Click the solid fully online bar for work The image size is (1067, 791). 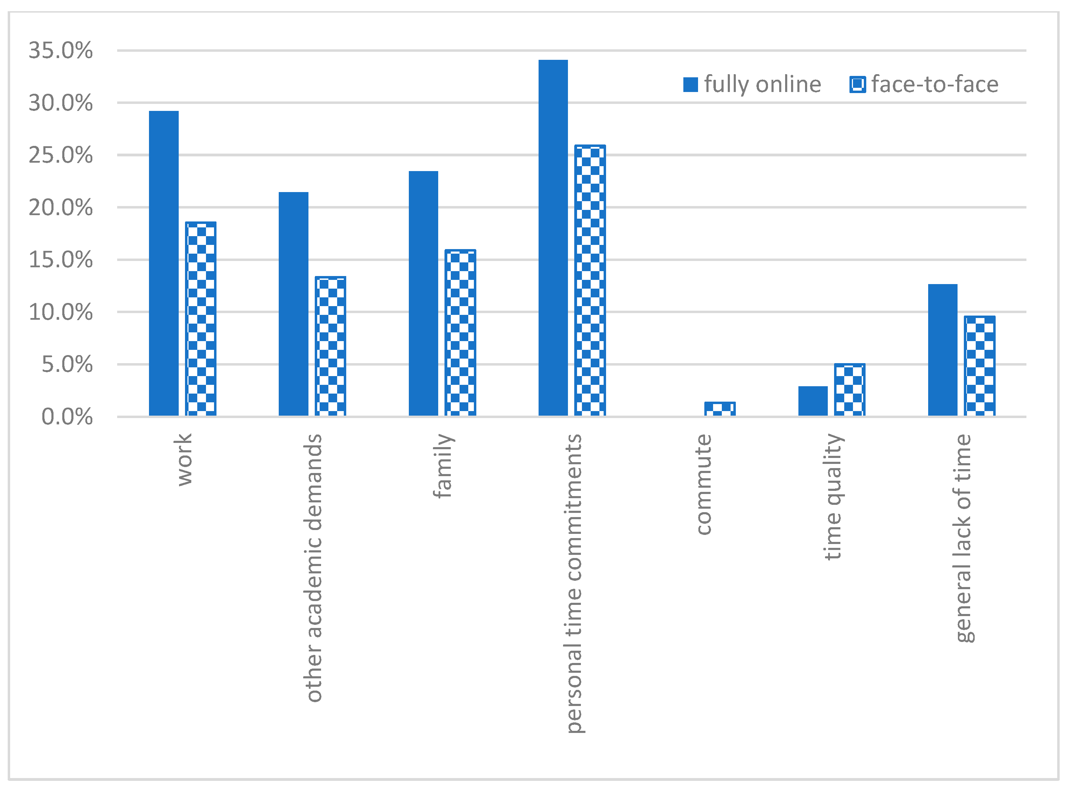click(x=164, y=263)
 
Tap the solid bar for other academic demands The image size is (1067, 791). click(x=293, y=304)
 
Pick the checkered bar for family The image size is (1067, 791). click(x=460, y=333)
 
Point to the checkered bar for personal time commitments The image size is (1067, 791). click(x=590, y=280)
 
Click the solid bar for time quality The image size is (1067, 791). click(x=813, y=401)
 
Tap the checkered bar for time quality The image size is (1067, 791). click(x=849, y=390)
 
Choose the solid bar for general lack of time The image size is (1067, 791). click(x=942, y=350)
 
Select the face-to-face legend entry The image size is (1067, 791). click(x=924, y=85)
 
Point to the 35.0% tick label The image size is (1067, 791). click(x=61, y=51)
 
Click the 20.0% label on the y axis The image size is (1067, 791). click(x=61, y=208)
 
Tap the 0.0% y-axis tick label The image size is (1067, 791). click(x=67, y=417)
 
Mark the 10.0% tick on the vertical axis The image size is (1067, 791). click(x=61, y=312)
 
